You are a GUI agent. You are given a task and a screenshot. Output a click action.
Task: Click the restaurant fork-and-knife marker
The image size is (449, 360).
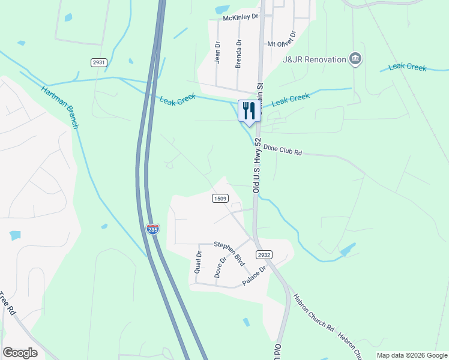coord(249,110)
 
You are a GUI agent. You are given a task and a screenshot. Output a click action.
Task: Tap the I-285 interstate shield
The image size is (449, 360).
coord(152,229)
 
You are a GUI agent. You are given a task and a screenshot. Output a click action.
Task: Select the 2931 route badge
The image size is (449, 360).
coord(99,62)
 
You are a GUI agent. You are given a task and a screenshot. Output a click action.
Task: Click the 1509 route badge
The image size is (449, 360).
coord(219,198)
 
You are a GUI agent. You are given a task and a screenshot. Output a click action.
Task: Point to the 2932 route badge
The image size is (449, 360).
coord(264,255)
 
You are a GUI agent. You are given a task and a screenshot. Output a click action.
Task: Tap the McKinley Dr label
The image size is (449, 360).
coord(240,18)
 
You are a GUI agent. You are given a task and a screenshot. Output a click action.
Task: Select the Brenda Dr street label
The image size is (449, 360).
coord(238,53)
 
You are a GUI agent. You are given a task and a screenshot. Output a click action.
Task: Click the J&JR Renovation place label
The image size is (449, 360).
coord(315,59)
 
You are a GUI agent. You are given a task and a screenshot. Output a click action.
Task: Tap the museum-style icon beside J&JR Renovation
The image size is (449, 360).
coord(356,59)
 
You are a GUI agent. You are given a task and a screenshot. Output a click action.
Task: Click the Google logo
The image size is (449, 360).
coord(20,353)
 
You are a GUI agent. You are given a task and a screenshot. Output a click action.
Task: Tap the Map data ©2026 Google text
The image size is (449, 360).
coord(411,355)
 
